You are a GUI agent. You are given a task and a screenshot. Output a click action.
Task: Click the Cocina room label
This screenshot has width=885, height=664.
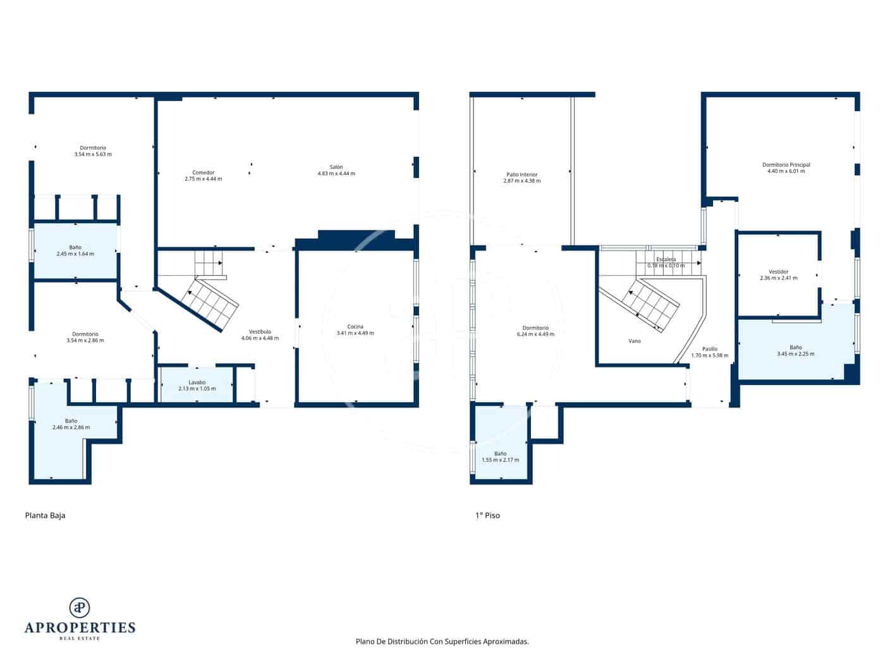coord(355,327)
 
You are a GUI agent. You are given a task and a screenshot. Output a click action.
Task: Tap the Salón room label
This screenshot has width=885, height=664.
coord(336,167)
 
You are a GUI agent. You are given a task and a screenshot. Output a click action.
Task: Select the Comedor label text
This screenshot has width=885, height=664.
coord(203,173)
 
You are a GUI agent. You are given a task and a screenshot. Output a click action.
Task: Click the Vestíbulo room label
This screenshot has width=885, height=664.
coord(260,331)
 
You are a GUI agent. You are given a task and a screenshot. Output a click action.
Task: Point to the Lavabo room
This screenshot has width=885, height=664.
coord(197,385)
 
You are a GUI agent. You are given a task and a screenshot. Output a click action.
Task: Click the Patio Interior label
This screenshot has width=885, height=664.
coord(522,175)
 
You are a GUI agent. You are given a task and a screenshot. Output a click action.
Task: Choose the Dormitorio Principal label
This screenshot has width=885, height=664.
coord(786,164)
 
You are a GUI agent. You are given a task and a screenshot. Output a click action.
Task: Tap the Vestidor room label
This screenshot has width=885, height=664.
coord(778,272)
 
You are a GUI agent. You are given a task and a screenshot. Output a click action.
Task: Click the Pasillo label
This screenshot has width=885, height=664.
coord(709,349)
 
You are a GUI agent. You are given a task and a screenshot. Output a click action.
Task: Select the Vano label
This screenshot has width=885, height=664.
coord(634,341)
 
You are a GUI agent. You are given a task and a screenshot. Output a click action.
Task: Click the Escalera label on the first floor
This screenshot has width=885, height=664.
coord(666,259)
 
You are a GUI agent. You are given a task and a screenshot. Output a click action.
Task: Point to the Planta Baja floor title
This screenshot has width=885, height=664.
coord(45,515)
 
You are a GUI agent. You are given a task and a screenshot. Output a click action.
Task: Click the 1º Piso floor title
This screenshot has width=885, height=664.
coord(487,515)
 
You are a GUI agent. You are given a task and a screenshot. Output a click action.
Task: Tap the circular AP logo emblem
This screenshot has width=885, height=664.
coord(80,607)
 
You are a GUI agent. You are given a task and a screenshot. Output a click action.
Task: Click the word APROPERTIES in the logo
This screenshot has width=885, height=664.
coord(80,628)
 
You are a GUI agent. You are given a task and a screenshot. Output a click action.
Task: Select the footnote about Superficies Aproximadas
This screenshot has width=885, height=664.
coord(442,641)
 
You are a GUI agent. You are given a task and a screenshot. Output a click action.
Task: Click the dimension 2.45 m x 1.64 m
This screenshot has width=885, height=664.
coord(75,254)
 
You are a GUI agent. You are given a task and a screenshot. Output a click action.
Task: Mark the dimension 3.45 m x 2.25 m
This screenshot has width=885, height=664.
coord(795,354)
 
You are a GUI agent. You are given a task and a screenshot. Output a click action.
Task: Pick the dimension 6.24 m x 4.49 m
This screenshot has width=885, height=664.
coord(535,335)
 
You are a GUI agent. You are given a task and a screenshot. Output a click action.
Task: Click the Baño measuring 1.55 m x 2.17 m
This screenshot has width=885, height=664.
coord(500,457)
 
